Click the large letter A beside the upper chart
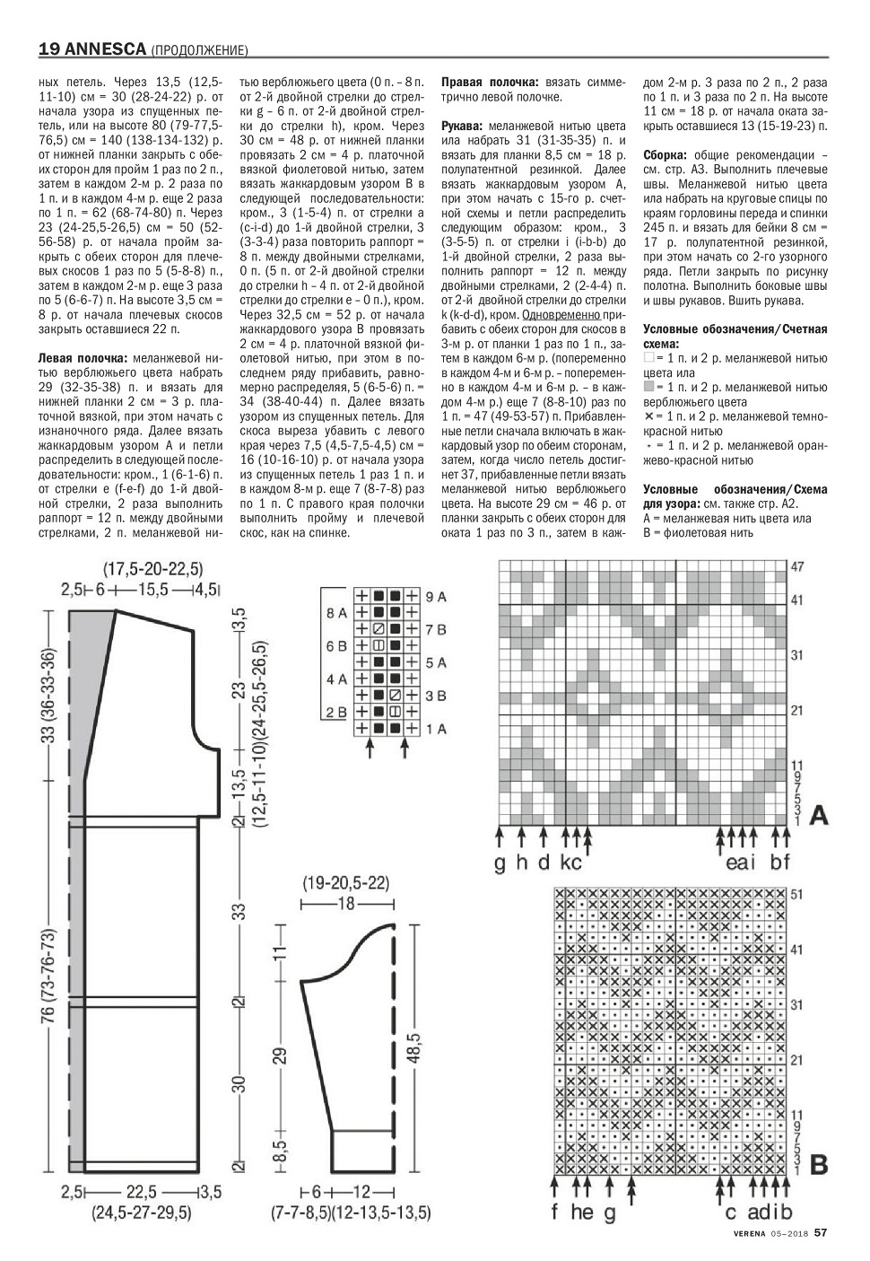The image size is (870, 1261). point(819,816)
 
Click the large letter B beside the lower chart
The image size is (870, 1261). point(819,1165)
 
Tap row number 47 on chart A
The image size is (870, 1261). point(798,567)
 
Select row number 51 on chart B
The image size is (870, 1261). point(798,894)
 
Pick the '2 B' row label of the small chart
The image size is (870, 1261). point(336,713)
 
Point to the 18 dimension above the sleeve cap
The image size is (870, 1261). point(346,903)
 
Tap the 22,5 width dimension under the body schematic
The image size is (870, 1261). point(142,1192)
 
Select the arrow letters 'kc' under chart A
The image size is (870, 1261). point(571,863)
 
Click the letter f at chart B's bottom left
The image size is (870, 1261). point(555,1213)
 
